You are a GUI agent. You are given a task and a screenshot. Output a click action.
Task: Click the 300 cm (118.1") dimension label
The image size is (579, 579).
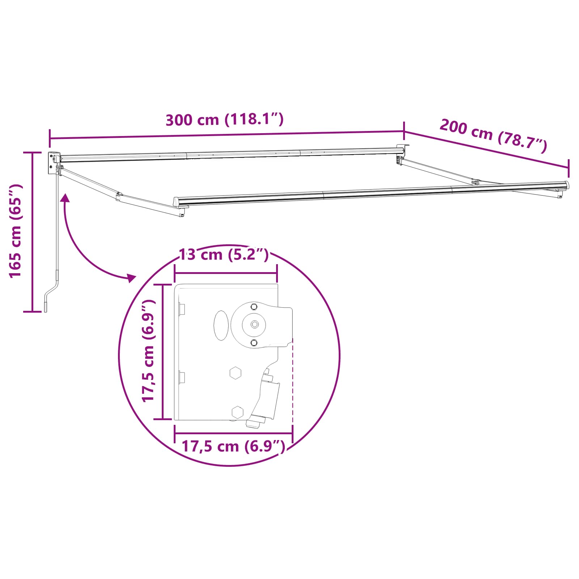pos(224,119)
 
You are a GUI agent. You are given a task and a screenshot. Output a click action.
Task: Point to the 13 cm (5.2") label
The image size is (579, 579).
pos(224,255)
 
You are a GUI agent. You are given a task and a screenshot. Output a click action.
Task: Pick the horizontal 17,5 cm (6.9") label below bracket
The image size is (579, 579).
pos(233,447)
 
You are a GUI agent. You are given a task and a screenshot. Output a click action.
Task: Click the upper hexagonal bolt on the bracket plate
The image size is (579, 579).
pos(236,372)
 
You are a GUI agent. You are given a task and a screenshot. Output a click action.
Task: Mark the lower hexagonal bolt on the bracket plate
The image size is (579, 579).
pos(237,412)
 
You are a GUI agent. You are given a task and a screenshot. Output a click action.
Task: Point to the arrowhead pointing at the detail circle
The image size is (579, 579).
pos(131,278)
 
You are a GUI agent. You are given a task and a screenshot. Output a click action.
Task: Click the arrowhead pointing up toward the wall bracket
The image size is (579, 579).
pos(65,198)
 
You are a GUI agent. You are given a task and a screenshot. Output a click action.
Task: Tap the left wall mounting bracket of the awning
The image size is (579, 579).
pos(54,162)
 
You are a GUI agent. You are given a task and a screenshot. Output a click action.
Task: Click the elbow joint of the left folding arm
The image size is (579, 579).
pos(119,196)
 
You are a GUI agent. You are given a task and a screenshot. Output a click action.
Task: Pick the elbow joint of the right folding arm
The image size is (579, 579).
pos(476,182)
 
